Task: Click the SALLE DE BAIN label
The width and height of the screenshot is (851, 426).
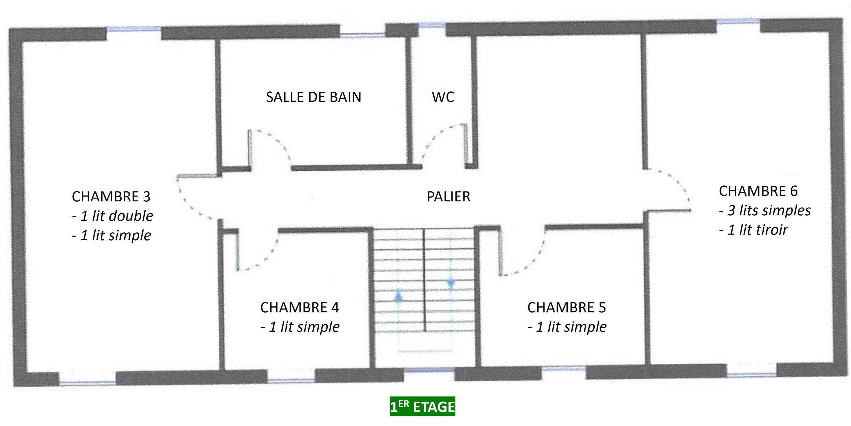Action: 313,97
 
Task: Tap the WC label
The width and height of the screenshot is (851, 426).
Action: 443,97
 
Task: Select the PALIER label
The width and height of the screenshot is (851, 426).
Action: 448,197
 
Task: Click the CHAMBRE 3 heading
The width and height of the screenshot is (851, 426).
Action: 111,197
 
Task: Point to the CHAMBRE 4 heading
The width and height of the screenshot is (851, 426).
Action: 300,308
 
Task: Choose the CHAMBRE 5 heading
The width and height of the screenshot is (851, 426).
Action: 566,308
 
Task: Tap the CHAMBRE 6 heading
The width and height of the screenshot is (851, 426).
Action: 758,191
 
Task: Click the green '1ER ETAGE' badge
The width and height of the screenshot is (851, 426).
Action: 423,406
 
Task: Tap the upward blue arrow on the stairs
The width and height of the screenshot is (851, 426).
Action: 399,295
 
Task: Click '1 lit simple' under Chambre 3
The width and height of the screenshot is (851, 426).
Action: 111,235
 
